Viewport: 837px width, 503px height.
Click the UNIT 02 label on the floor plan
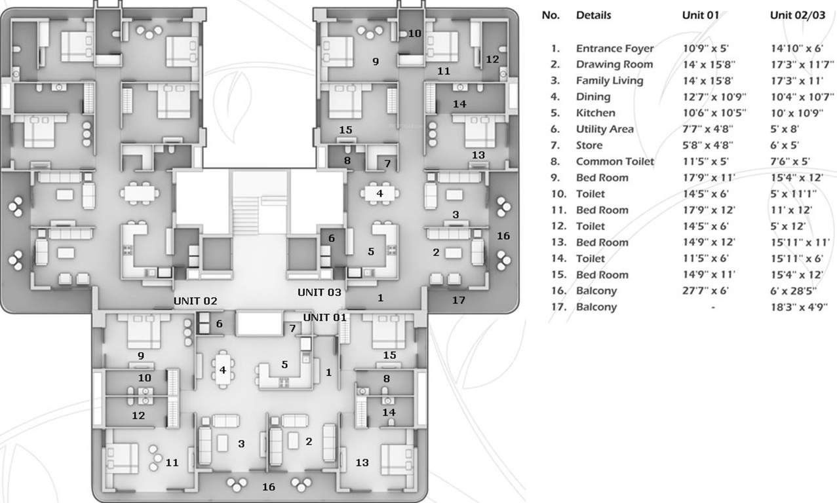pyautogui.click(x=195, y=301)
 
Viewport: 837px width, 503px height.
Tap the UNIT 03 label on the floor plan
pyautogui.click(x=320, y=292)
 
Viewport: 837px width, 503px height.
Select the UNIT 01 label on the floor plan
pyautogui.click(x=324, y=318)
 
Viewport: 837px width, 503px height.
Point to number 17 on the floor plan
pyautogui.click(x=459, y=300)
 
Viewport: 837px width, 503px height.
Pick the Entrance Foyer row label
pyautogui.click(x=614, y=48)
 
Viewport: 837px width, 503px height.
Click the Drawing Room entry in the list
pyautogui.click(x=614, y=64)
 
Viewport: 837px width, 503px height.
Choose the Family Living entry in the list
pyautogui.click(x=610, y=81)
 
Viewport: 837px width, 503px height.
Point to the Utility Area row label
pyautogui.click(x=604, y=129)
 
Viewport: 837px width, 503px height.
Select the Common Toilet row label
pyautogui.click(x=615, y=161)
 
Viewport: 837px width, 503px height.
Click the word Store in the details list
pyautogui.click(x=589, y=145)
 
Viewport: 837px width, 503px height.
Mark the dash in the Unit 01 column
pyautogui.click(x=712, y=307)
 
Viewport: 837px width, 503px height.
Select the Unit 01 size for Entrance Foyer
pyautogui.click(x=701, y=48)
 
